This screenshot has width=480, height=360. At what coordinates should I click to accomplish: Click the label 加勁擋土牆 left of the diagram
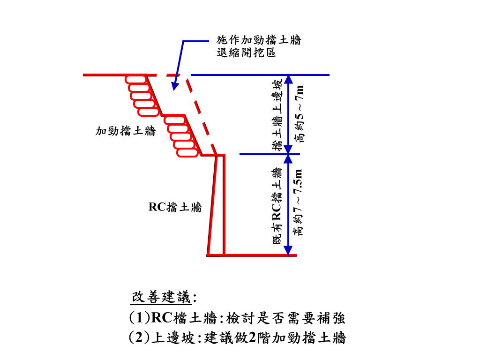125,131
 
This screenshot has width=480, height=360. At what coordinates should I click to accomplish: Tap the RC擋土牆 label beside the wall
175,207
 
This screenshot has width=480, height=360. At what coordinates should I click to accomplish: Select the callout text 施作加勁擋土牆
258,40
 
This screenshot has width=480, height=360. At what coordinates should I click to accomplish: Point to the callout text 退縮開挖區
246,52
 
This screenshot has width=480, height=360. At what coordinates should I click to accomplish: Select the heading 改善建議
162,297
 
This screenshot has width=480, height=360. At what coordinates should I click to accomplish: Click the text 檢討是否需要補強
285,319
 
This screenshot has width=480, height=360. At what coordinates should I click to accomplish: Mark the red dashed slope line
202,115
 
